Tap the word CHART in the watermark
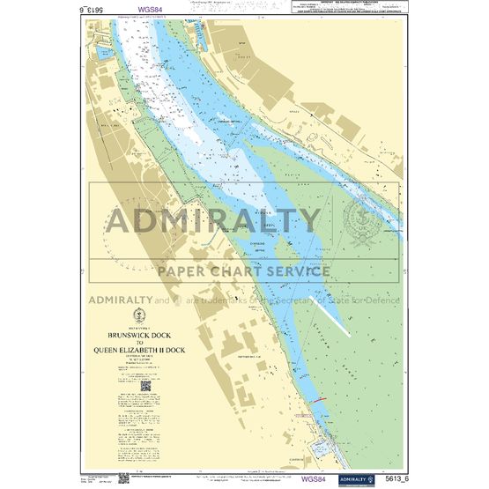(252, 269)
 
